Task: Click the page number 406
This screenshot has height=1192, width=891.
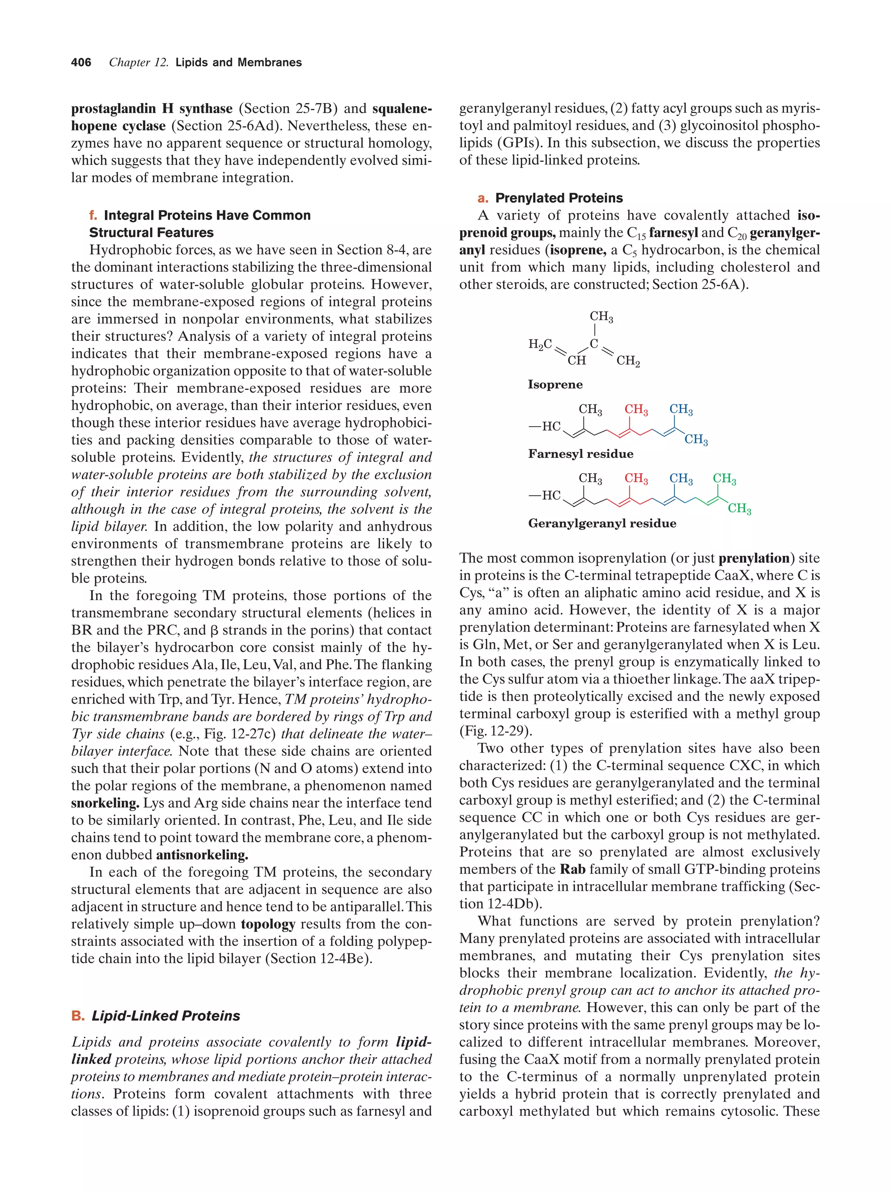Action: coord(81,63)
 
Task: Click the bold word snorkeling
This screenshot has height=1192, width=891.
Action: coord(105,803)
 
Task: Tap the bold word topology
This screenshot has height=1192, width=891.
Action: coord(268,924)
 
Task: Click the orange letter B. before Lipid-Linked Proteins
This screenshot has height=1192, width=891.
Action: coord(77,1016)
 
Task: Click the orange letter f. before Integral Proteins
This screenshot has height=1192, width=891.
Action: coord(93,216)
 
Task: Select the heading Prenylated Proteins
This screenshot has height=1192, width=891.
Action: coord(559,198)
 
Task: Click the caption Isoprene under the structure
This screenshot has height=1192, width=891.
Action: coord(555,385)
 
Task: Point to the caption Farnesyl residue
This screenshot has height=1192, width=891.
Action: coord(580,454)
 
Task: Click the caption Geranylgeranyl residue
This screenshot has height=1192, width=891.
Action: coord(602,523)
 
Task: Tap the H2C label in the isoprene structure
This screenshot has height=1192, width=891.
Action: coord(539,344)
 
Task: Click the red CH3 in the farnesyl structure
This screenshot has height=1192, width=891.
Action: coord(636,410)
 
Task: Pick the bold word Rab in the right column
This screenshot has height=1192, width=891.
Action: coord(573,869)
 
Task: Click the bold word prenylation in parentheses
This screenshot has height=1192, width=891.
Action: coord(754,558)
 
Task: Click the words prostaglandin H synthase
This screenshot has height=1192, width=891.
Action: coord(151,109)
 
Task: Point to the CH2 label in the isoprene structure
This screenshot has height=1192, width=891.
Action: coord(627,361)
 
